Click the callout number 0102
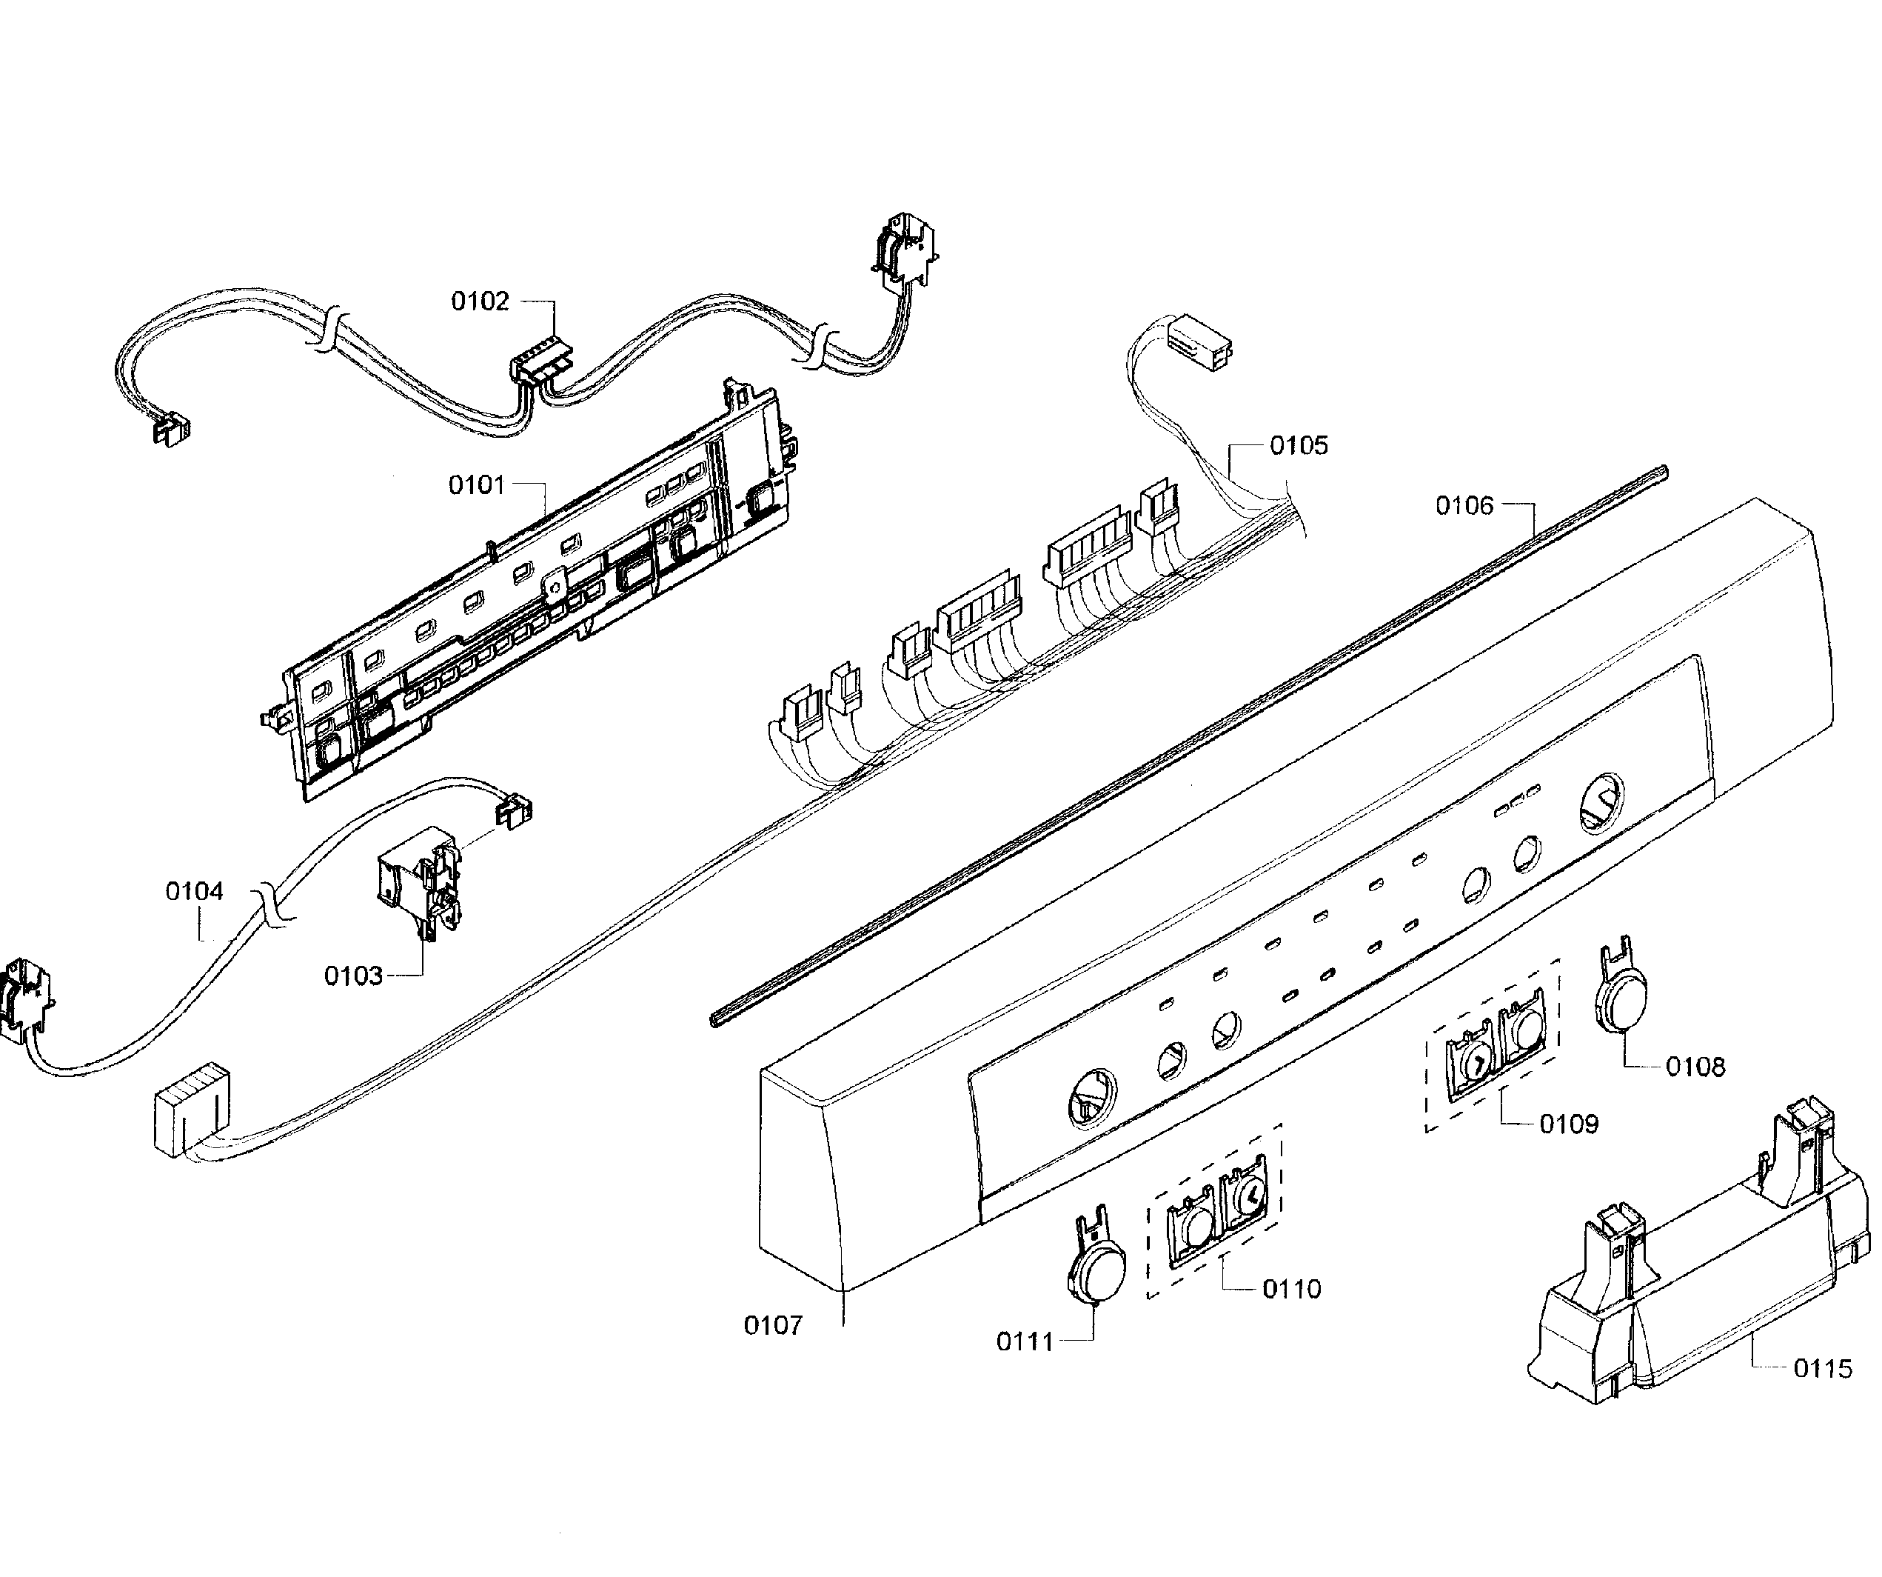(x=480, y=301)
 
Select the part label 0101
(x=477, y=485)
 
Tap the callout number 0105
(x=1299, y=446)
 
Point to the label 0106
(x=1464, y=506)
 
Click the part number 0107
(x=772, y=1325)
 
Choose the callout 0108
(x=1695, y=1067)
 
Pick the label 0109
(x=1568, y=1124)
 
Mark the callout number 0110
(x=1291, y=1289)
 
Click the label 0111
(x=1025, y=1342)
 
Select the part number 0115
(x=1822, y=1369)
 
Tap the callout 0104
(x=195, y=891)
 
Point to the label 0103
(x=353, y=976)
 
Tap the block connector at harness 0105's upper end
(x=1199, y=341)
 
